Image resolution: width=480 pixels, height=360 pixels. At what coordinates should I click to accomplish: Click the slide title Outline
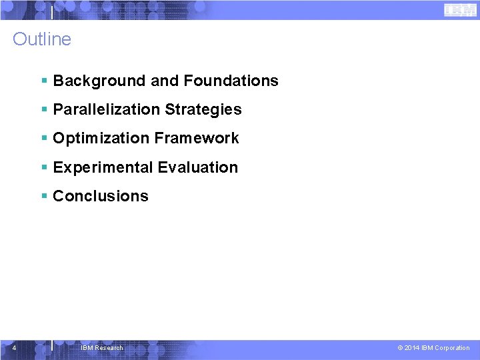[x=41, y=39]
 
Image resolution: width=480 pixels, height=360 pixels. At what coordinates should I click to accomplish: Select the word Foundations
[x=231, y=81]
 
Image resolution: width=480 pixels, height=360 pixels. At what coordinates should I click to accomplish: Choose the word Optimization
[x=101, y=138]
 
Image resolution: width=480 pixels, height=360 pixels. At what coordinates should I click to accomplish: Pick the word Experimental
[x=102, y=167]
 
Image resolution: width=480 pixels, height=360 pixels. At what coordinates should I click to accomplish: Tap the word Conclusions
[x=101, y=196]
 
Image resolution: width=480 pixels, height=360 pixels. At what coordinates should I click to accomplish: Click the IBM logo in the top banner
[x=459, y=9]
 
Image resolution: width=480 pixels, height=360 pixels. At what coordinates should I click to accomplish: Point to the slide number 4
[x=14, y=347]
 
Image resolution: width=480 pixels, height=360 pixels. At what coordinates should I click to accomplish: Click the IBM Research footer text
[x=101, y=347]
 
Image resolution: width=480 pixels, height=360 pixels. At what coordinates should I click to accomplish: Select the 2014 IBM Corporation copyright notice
[x=433, y=347]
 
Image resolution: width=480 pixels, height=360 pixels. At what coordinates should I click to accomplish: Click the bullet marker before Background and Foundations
[x=44, y=81]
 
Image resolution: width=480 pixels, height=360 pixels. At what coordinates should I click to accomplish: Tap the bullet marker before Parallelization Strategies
[x=44, y=109]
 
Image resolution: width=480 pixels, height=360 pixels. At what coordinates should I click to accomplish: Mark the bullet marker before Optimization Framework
[x=44, y=138]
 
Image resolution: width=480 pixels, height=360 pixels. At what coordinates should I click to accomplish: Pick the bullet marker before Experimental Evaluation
[x=44, y=167]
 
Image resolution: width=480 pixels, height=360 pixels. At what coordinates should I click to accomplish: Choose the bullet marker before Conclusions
[x=44, y=196]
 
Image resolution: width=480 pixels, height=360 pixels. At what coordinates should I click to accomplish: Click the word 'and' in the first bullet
[x=165, y=81]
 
